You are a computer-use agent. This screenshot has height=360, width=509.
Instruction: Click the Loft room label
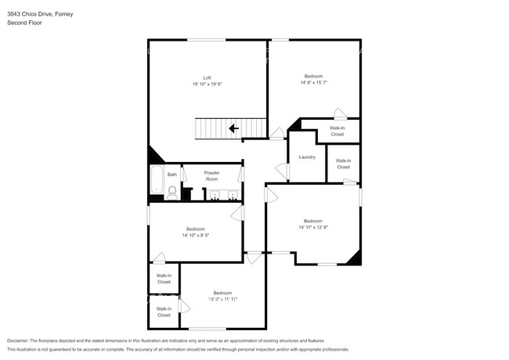(207, 77)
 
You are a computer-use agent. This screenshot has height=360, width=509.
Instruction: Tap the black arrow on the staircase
(233, 128)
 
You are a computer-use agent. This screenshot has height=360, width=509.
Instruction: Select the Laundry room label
(307, 157)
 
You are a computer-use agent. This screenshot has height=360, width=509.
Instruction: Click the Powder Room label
(211, 175)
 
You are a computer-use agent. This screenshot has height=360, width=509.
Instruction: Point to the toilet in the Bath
(172, 189)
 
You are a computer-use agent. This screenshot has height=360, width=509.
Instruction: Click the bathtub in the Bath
(155, 180)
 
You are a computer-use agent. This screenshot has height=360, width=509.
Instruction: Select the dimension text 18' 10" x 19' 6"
(207, 85)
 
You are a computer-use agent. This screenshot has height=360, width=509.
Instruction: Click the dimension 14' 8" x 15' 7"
(313, 82)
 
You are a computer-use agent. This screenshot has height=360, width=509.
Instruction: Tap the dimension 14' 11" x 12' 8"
(312, 227)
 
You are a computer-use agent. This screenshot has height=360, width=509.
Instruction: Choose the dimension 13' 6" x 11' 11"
(222, 299)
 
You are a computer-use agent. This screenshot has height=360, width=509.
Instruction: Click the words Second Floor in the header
(25, 23)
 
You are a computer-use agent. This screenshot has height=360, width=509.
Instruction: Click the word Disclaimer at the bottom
(21, 341)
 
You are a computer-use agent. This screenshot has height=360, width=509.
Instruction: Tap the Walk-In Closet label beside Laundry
(343, 164)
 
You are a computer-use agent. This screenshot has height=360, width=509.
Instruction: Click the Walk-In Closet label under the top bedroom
(337, 131)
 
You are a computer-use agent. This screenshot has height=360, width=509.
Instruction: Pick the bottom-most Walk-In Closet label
(164, 311)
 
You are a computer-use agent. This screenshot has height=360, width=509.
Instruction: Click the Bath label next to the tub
(171, 175)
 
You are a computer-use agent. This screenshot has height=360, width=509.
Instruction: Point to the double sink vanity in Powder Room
(224, 196)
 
